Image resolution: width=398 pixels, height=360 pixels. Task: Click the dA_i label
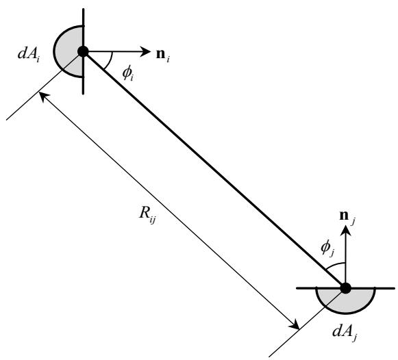[x=28, y=54]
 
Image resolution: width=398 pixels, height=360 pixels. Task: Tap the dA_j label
[x=345, y=333]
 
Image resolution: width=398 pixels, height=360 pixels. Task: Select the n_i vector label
[x=163, y=55]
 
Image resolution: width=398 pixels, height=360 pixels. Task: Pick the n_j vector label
[x=347, y=217]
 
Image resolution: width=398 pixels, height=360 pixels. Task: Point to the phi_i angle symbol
[x=127, y=74]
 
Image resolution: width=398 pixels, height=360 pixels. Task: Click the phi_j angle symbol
[x=327, y=248]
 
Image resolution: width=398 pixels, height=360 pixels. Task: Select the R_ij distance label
[x=147, y=214]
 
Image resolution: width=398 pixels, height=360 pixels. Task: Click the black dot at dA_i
[x=83, y=51]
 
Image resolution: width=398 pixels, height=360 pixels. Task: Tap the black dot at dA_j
[x=345, y=288]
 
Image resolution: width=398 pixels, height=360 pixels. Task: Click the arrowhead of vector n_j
[x=345, y=231]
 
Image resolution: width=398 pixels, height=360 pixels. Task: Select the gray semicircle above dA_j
[x=345, y=300]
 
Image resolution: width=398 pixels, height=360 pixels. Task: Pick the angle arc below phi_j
[x=335, y=265]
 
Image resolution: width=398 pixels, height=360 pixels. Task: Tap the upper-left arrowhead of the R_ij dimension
[x=42, y=96]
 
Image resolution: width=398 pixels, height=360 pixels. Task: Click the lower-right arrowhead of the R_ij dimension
[x=295, y=325]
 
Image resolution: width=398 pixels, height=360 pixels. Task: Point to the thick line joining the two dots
[x=214, y=170]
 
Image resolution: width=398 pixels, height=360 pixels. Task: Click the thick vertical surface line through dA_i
[x=84, y=51]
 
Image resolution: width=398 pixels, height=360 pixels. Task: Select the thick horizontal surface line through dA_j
[x=345, y=288]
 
